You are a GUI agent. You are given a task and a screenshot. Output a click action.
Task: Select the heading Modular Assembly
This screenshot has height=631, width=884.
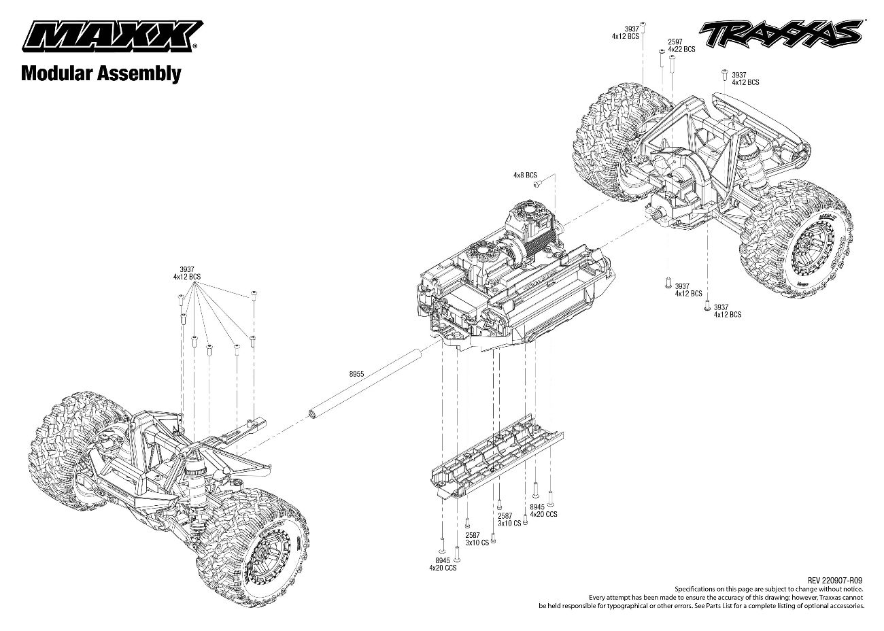101,73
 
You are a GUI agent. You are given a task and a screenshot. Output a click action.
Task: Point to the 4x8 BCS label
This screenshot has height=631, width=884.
525,175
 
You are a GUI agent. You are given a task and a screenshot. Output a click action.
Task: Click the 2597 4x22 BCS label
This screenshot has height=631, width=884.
681,45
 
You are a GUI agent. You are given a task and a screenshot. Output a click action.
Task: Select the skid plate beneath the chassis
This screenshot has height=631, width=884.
496,453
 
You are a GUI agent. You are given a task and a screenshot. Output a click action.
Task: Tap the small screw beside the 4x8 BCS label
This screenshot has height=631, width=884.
537,184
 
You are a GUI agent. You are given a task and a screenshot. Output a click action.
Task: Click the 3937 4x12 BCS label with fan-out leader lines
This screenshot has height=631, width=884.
187,273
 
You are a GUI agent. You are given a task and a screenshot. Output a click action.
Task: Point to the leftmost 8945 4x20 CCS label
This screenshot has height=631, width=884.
442,563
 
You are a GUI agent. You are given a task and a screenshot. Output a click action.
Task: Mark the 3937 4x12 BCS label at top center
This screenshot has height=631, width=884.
625,32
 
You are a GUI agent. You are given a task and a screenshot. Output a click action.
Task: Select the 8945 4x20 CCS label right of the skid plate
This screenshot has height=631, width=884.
543,510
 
